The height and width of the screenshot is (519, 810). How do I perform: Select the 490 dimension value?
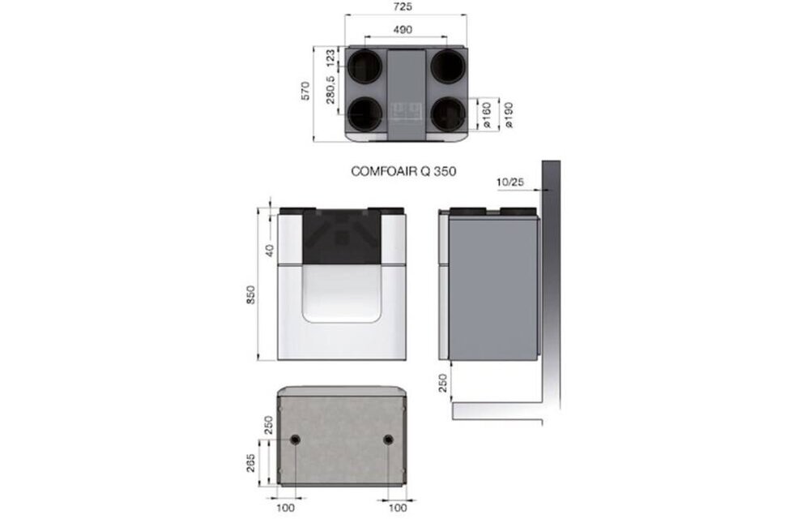tap(404, 29)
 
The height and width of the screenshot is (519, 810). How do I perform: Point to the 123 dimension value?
tap(330, 60)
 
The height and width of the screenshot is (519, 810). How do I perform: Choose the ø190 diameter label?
tap(509, 116)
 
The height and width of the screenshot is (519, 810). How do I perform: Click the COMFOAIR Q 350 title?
tap(404, 171)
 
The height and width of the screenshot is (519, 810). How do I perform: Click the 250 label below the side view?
tap(443, 383)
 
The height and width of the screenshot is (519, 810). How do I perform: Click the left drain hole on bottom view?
tap(296, 440)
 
